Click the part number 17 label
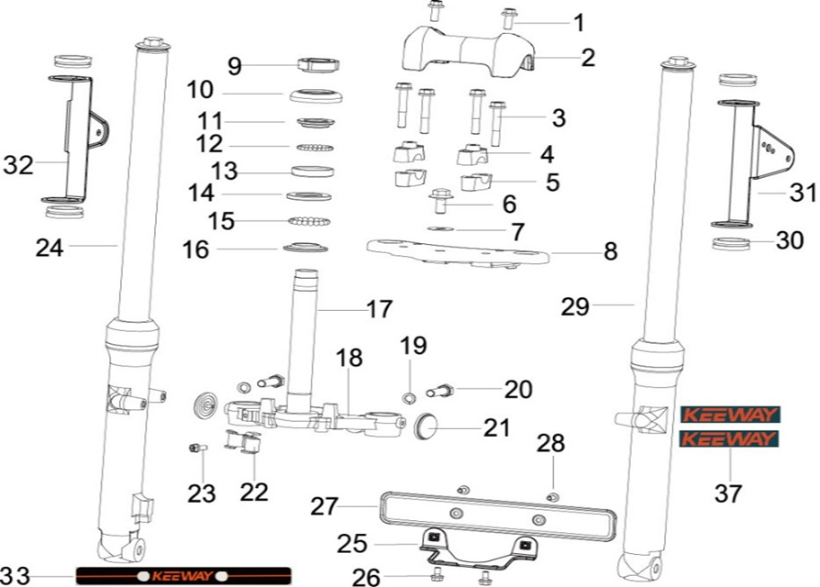pyautogui.click(x=379, y=309)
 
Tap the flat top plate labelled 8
pyautogui.click(x=459, y=249)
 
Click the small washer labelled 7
pyautogui.click(x=440, y=227)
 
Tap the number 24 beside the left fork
pyautogui.click(x=50, y=247)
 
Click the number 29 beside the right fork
pyautogui.click(x=576, y=307)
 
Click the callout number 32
pyautogui.click(x=19, y=166)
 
